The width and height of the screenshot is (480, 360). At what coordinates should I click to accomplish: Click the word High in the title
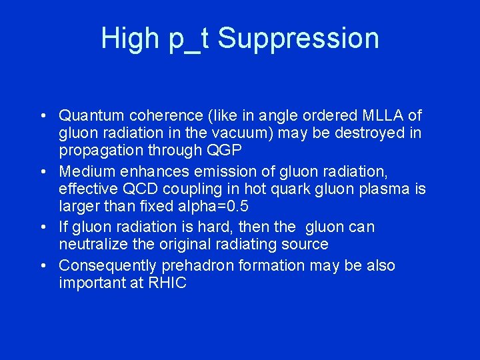[x=130, y=38]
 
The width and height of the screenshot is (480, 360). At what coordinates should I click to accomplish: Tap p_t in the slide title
[x=189, y=39]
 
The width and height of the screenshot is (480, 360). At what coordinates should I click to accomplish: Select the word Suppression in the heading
[x=298, y=39]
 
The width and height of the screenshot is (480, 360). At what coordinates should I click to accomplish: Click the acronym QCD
[x=131, y=189]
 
